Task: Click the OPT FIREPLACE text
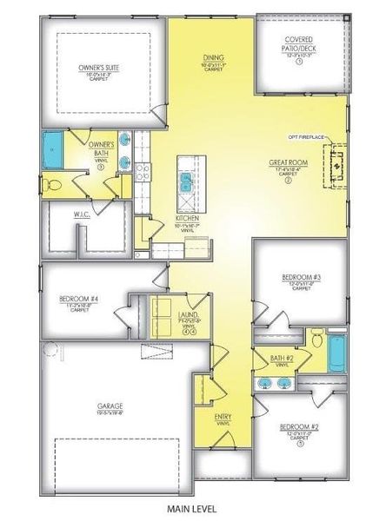click(306, 137)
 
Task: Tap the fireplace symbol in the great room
click(332, 165)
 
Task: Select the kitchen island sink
click(185, 181)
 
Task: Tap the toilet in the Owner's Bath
click(54, 185)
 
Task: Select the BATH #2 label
click(282, 358)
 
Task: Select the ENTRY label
click(223, 417)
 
